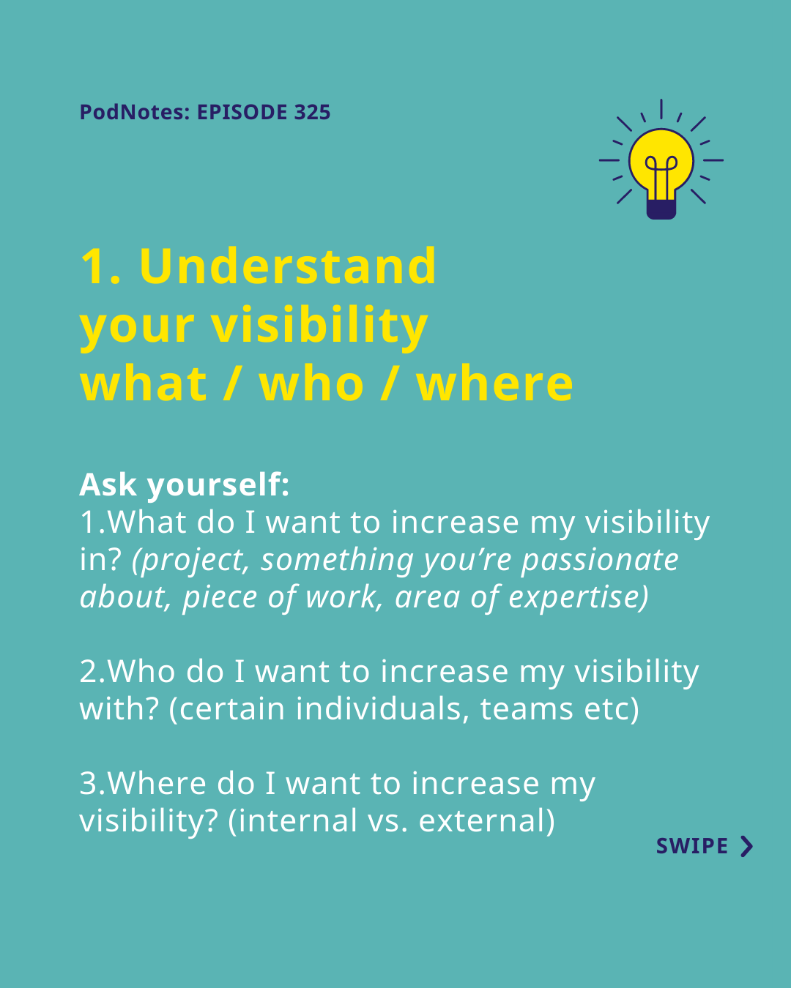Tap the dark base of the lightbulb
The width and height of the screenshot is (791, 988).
tap(661, 209)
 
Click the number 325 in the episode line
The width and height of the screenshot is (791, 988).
tap(312, 112)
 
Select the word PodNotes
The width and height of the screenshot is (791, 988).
tap(131, 112)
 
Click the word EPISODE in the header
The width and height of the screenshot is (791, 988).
tap(242, 112)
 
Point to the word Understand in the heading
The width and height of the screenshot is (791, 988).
tap(288, 266)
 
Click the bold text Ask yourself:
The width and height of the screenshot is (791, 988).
tap(185, 484)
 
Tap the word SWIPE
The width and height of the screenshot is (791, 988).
tap(691, 846)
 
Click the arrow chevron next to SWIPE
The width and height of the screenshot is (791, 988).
tap(747, 846)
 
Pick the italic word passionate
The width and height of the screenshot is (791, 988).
tap(600, 561)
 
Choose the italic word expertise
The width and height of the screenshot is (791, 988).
tap(578, 598)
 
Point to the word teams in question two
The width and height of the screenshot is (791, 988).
tap(527, 709)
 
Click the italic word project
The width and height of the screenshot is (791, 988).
tap(190, 561)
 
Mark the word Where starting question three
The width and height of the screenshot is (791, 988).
tap(156, 783)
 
